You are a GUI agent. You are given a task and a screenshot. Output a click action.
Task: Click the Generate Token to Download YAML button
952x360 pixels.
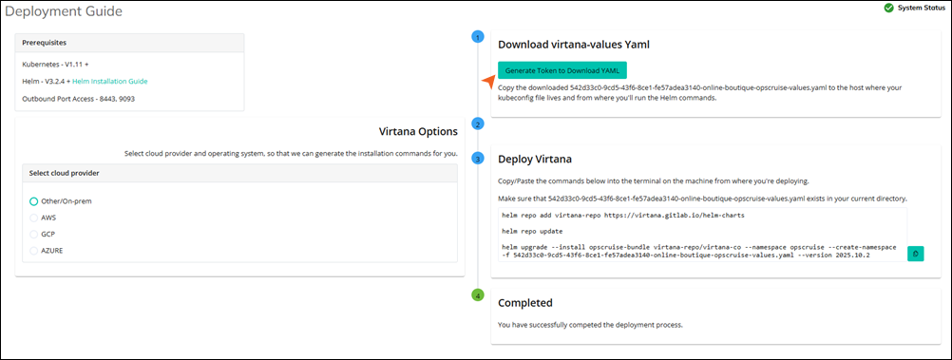coord(562,70)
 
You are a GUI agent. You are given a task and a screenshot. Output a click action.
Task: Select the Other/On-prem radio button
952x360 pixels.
coord(33,201)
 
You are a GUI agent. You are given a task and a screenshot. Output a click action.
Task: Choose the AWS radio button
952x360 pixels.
coord(33,218)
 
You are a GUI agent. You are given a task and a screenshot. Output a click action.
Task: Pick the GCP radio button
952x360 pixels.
coord(33,234)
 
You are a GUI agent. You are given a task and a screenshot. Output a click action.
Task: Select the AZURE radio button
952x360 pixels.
coord(33,250)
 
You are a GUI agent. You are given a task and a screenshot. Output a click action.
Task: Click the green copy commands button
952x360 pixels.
coord(915,254)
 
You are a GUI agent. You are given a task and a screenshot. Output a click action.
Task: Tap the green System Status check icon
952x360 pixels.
coord(888,9)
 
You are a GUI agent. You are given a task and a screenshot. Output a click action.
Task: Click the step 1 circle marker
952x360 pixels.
coord(478,37)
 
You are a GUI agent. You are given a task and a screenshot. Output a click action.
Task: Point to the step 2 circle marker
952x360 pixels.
coord(478,123)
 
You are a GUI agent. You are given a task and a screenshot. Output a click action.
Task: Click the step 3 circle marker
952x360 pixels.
coord(478,158)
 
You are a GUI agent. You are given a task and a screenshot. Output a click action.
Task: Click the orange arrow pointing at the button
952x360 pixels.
coord(489,82)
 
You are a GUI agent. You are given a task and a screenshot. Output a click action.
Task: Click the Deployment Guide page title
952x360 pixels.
coord(63,11)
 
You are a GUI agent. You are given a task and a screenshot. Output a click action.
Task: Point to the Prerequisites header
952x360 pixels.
coord(45,43)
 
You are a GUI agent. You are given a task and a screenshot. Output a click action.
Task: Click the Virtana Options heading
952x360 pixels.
coord(418,131)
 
